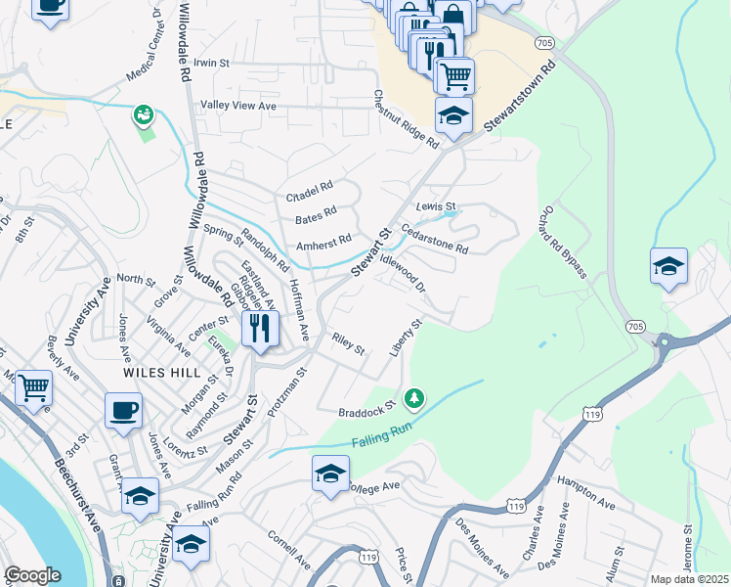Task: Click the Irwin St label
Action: coord(211,63)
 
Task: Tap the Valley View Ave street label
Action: coord(239,106)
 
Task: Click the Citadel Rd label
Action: coord(309,185)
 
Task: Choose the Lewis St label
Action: coord(436,207)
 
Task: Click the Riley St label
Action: coord(348,343)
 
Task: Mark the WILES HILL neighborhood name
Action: coord(162,373)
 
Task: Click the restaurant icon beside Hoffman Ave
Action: coord(259,328)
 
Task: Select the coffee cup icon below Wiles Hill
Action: coord(123,411)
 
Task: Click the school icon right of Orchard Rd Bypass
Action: coord(668,266)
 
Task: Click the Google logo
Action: coord(32,575)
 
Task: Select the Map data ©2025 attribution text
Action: coord(689,579)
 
